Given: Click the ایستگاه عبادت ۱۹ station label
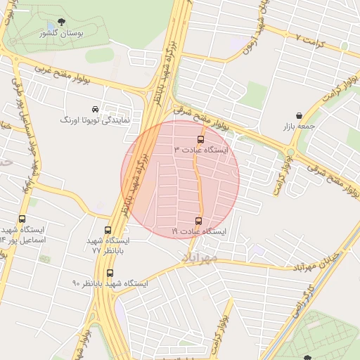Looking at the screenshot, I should point(199,231).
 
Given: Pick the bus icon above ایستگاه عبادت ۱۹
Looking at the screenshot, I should point(198,221).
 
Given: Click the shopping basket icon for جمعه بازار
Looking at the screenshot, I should point(300,115).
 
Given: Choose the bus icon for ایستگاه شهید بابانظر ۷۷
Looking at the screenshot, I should point(108,230).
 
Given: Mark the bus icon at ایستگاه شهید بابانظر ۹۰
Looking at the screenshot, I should point(110,273).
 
